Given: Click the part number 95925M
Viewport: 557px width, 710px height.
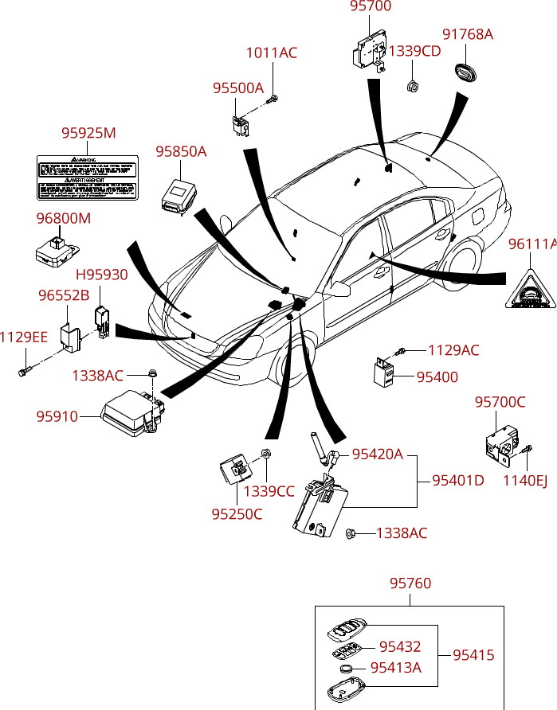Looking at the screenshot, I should click(88, 133).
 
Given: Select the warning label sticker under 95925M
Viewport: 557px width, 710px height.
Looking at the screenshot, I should click(88, 177).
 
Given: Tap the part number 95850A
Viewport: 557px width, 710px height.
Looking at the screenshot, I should click(181, 151).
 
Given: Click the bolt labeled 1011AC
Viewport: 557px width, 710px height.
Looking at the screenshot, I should click(273, 99).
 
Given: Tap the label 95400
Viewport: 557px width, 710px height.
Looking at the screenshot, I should click(437, 376).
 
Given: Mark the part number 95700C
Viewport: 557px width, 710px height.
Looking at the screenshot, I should click(500, 402).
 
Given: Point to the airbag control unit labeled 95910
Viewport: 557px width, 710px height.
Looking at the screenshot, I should click(131, 414).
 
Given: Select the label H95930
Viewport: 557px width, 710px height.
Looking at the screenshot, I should click(101, 275).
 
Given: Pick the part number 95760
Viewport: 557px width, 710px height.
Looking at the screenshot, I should click(410, 583).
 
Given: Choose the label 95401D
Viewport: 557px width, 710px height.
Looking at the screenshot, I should click(458, 480).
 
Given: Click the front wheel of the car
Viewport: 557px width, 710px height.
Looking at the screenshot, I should click(292, 366).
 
